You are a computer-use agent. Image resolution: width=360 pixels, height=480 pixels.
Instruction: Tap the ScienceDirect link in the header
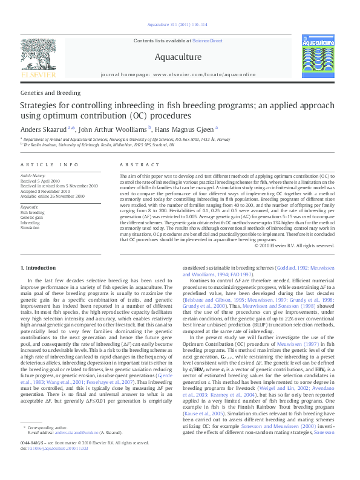click(x=207, y=41)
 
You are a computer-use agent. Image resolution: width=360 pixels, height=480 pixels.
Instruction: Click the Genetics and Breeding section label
click(x=50, y=93)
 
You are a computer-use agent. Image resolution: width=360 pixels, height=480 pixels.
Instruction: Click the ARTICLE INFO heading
click(x=50, y=165)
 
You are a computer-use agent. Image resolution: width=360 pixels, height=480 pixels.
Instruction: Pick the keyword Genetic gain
click(x=32, y=217)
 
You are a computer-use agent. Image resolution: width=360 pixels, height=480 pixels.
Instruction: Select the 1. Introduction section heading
click(x=39, y=267)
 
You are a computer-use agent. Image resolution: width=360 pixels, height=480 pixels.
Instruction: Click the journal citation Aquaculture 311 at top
click(x=180, y=25)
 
